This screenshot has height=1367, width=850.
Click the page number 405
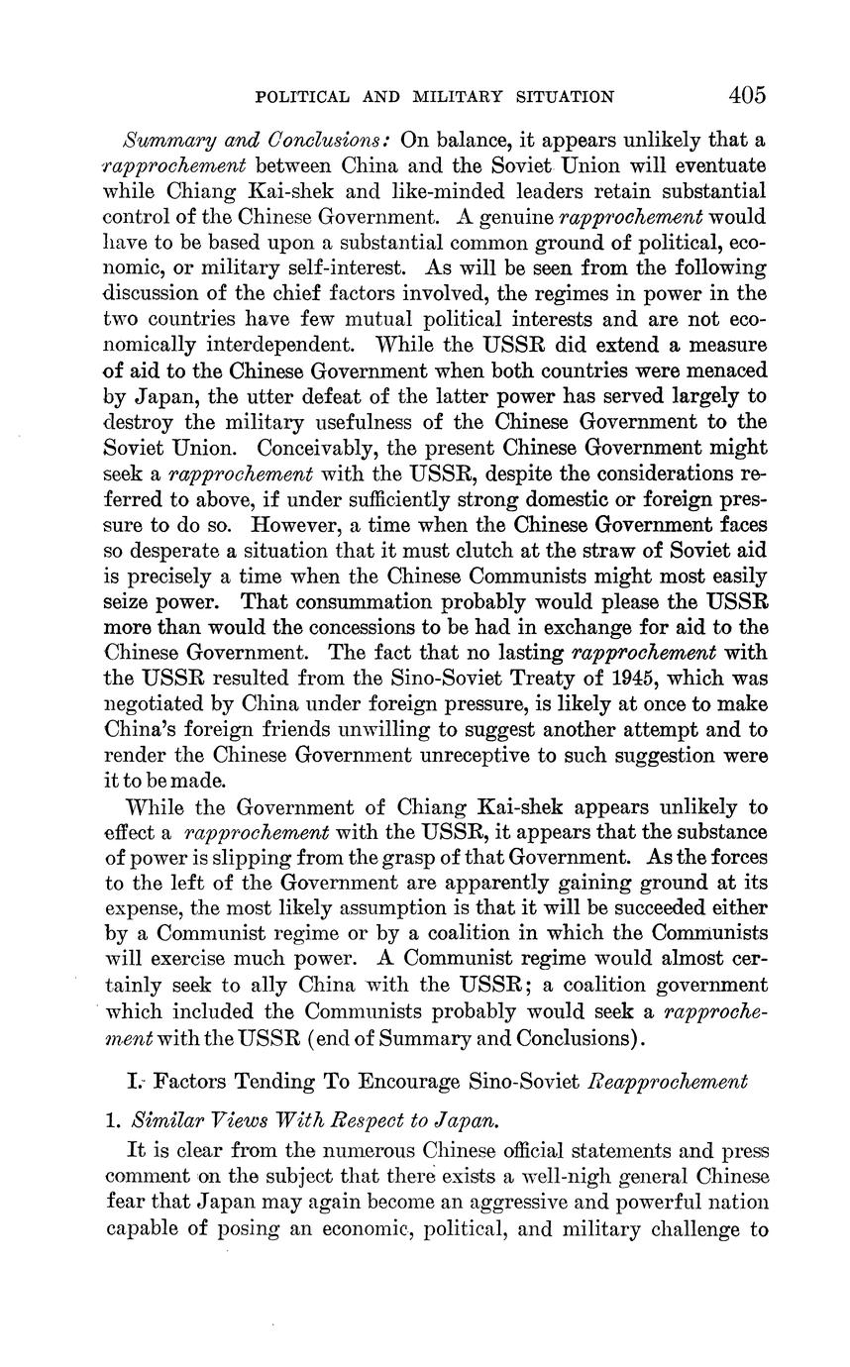(747, 95)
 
